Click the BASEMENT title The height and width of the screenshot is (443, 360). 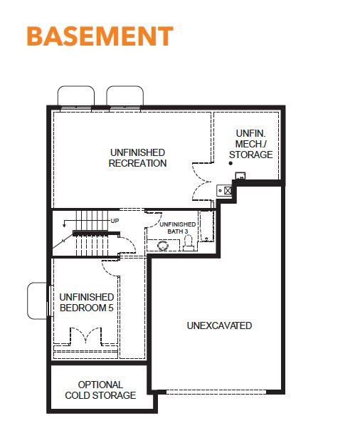(100, 36)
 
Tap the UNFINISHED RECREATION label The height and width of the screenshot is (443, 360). (138, 158)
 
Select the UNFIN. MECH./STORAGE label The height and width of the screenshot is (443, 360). (251, 144)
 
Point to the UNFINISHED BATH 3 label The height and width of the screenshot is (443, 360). (178, 228)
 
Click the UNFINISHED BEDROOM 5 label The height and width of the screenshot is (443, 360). (87, 302)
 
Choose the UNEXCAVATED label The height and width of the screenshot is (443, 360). (219, 325)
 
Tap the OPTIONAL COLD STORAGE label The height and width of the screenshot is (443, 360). (100, 390)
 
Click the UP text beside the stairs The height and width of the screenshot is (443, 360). (115, 221)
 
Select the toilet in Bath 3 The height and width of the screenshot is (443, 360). (189, 244)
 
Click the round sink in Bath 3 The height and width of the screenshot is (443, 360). (163, 246)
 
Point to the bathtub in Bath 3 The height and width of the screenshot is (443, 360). (206, 226)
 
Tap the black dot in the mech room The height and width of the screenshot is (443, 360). (231, 163)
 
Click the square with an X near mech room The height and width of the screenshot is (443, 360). (228, 191)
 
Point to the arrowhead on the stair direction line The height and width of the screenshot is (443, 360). (64, 225)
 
